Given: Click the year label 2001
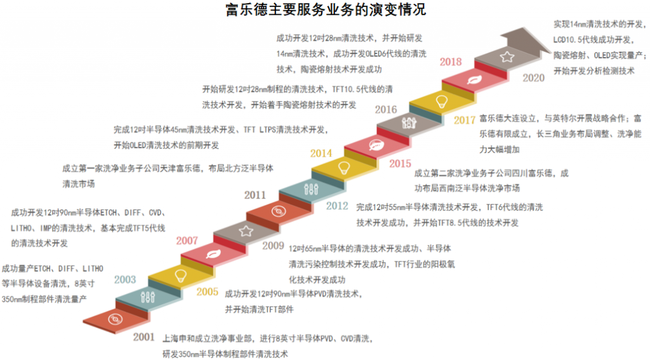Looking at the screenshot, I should coord(143,337).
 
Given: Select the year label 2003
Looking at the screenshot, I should coord(125,279).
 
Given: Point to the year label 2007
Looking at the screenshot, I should coord(187,241).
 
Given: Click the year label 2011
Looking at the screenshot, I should coord(255,195).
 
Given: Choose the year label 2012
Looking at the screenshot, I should coord(337,205).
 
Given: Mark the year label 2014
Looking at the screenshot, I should coord(321,153).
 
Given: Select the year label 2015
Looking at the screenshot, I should coord(400,163).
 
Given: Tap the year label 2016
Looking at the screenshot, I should coord(385,109).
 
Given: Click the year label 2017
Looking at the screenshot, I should coord(465,120).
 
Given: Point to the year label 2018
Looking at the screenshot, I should coord(450,62).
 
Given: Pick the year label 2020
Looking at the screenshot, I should coord(533,77).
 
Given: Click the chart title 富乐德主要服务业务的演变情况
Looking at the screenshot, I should coord(326,10).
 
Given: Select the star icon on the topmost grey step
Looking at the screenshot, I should coord(506,58).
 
